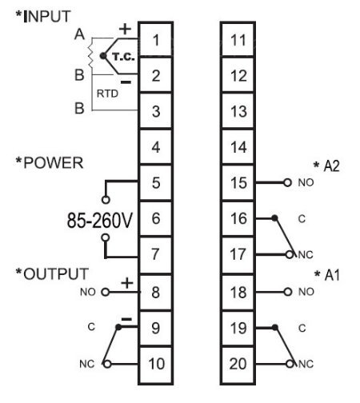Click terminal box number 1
click(156, 40)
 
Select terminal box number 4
click(156, 146)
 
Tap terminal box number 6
click(156, 218)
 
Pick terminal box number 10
click(156, 365)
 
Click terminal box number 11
click(238, 40)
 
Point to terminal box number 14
click(238, 146)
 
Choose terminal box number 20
click(238, 365)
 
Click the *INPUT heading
click(43, 16)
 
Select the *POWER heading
click(50, 162)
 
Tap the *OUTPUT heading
click(52, 273)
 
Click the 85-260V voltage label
click(100, 220)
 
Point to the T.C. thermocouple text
click(123, 57)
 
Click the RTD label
click(107, 94)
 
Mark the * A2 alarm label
click(326, 166)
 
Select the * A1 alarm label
click(327, 275)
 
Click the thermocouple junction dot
click(102, 56)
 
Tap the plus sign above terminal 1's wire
click(125, 30)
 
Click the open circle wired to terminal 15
click(287, 182)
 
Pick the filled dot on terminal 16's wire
click(274, 218)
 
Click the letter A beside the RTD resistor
click(79, 34)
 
